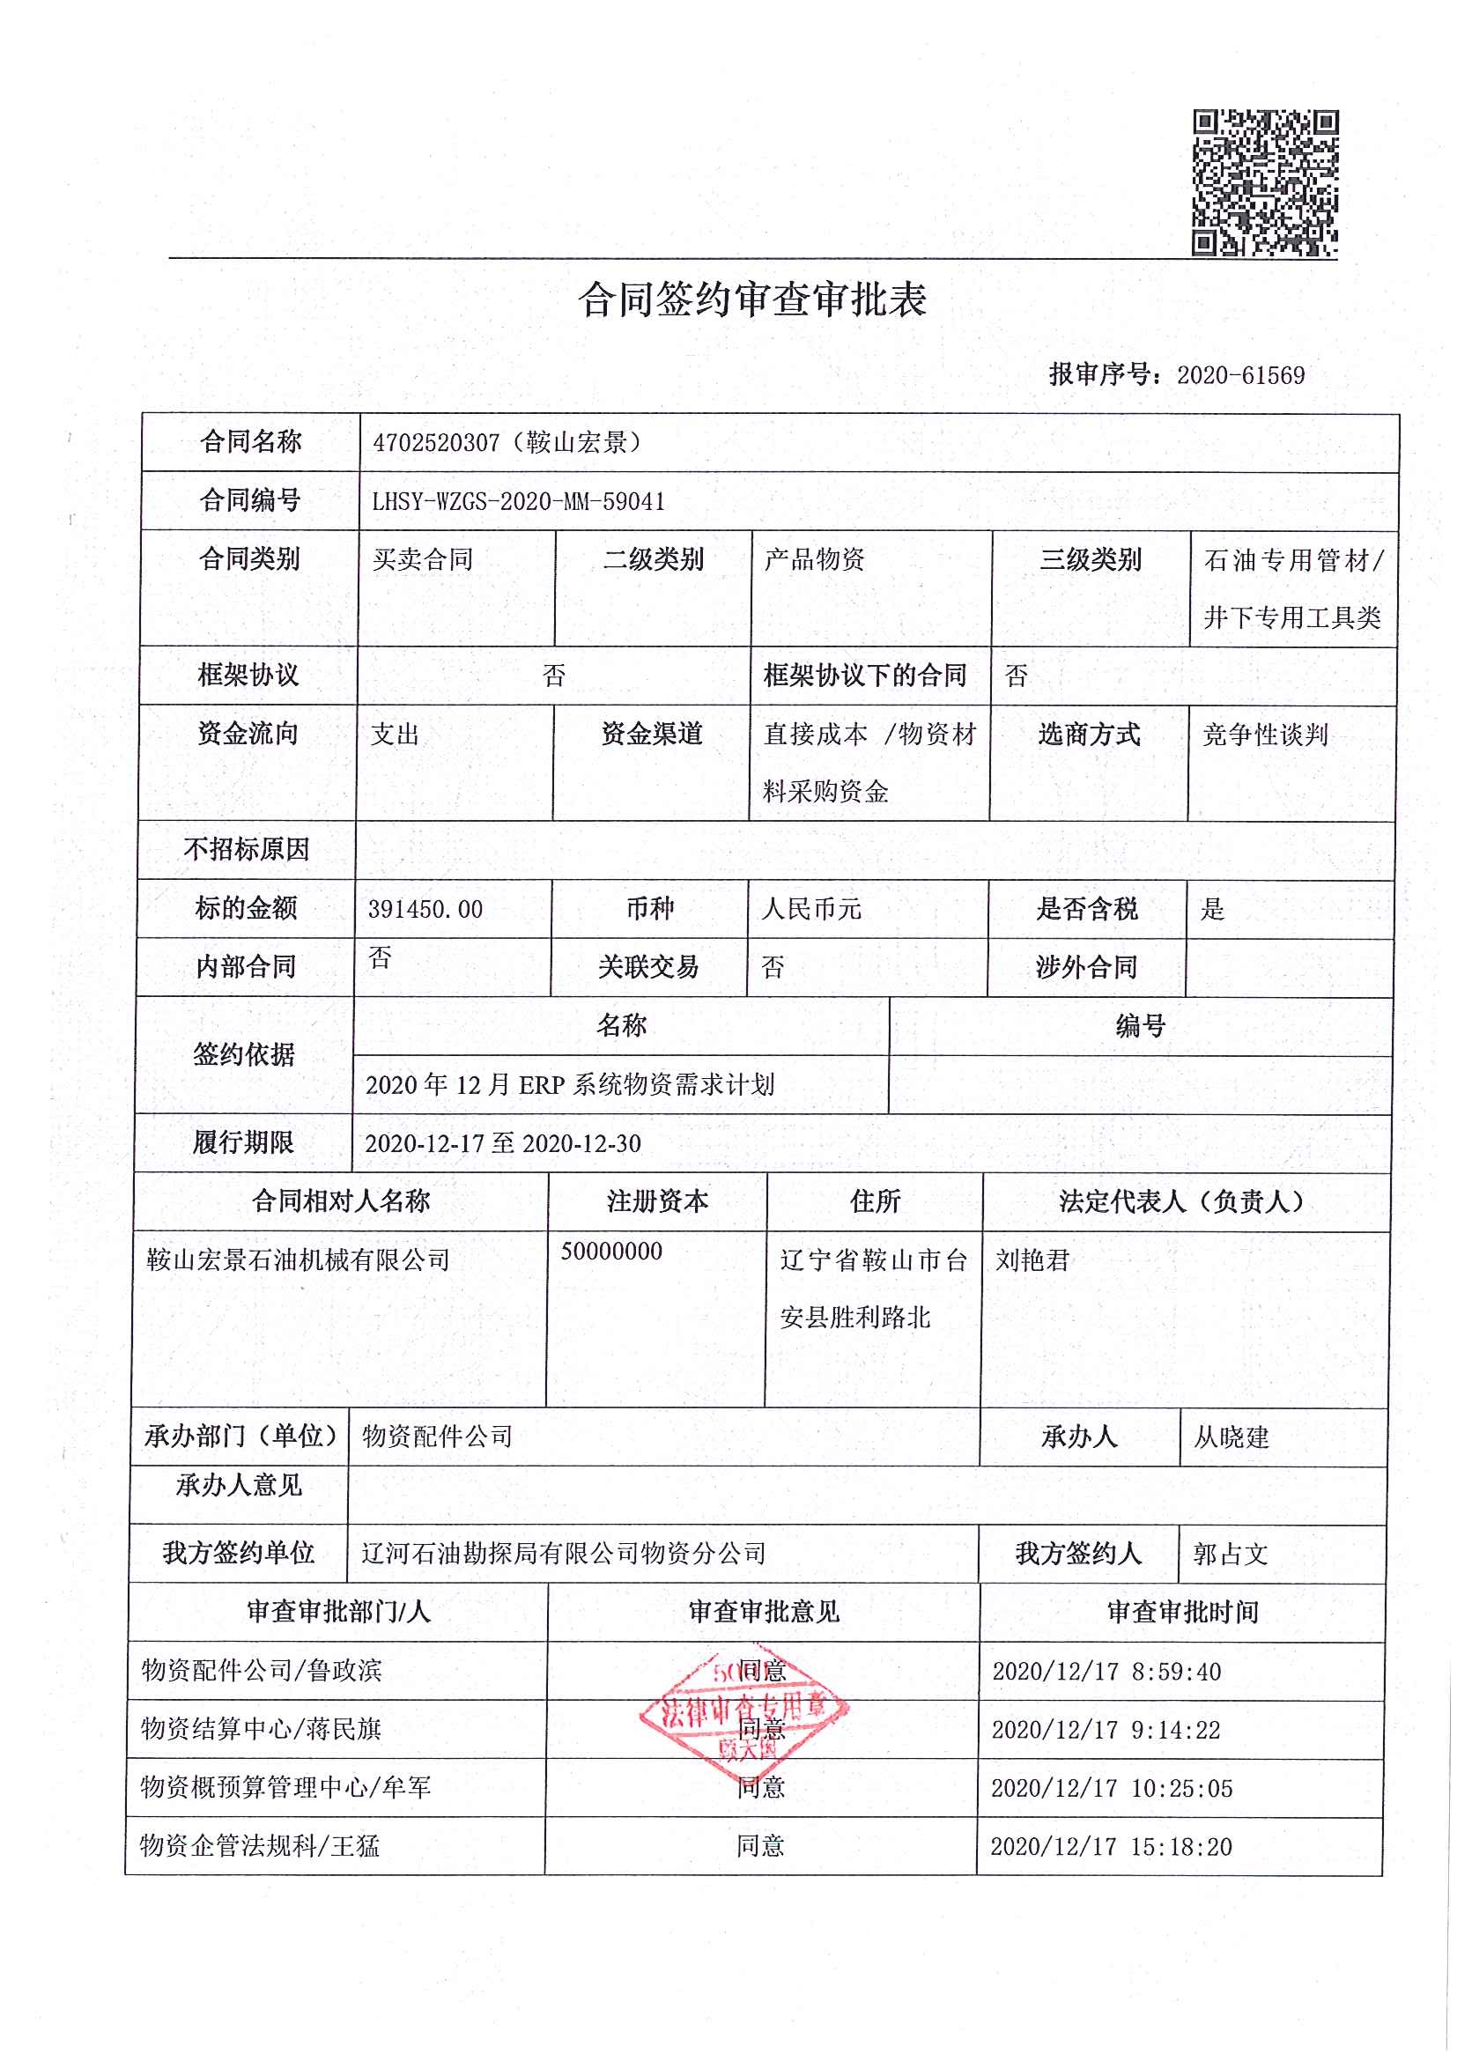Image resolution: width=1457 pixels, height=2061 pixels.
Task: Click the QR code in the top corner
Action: pyautogui.click(x=1264, y=182)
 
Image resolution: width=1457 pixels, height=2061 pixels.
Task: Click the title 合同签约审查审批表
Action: pyautogui.click(x=751, y=299)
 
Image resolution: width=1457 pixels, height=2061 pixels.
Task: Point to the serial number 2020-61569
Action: pyautogui.click(x=1239, y=375)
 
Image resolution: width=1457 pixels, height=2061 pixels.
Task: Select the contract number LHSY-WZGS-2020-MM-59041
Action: pyautogui.click(x=518, y=502)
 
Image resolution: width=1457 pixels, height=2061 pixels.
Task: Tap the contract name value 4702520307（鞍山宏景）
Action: pyautogui.click(x=507, y=442)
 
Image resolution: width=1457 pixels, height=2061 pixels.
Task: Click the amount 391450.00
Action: pyautogui.click(x=425, y=909)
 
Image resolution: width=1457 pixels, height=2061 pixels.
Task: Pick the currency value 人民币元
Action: pyautogui.click(x=810, y=909)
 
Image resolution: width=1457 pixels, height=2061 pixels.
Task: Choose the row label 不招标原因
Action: pyautogui.click(x=246, y=849)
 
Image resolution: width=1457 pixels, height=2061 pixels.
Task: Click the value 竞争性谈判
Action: pyautogui.click(x=1264, y=735)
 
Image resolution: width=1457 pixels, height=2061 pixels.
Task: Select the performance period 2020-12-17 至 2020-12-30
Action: pyautogui.click(x=503, y=1143)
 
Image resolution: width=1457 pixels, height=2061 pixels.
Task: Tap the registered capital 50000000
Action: pyautogui.click(x=611, y=1252)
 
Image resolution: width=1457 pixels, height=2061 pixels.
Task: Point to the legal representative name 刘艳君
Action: pyautogui.click(x=1032, y=1260)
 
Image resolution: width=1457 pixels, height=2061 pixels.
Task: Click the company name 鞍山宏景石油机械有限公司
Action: pyautogui.click(x=298, y=1260)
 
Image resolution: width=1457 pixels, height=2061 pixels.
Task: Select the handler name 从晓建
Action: pyautogui.click(x=1231, y=1438)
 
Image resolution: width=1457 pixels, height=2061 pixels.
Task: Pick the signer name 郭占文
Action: pyautogui.click(x=1230, y=1554)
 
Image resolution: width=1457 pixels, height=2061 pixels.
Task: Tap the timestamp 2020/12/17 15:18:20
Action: pyautogui.click(x=1111, y=1847)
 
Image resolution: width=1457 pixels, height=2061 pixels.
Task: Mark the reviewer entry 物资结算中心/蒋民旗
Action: pyautogui.click(x=262, y=1729)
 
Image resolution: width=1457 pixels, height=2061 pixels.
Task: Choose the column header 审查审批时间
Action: pyautogui.click(x=1181, y=1612)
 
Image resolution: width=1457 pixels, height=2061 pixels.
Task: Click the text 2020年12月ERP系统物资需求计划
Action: pyautogui.click(x=569, y=1085)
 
